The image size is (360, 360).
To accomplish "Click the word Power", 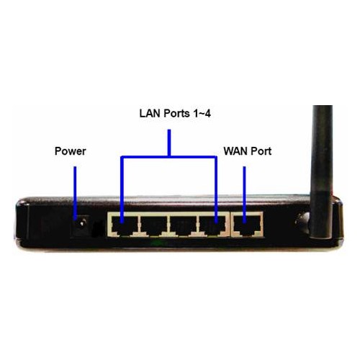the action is coord(71,151).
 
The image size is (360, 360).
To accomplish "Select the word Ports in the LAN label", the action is coord(176,113).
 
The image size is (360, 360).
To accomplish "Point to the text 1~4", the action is coord(202,113).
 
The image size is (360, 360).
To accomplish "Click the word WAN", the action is coord(235,151).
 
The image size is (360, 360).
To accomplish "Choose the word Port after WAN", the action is coord(261,151).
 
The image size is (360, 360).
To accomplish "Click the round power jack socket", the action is coord(82,224).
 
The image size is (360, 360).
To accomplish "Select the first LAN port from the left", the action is coord(124,225).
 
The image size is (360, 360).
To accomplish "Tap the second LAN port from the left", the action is coord(153,225).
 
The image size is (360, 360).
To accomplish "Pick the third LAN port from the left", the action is coord(183,225).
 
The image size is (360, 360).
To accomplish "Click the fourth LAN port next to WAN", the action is coord(212,225).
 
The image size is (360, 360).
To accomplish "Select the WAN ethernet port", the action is coord(247,225).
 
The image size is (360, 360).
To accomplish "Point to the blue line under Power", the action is coord(75,193).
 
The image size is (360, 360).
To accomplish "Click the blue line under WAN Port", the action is coord(245,194).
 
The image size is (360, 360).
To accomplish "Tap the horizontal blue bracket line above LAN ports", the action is coord(169,157).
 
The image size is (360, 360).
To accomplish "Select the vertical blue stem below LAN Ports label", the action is coord(169,143).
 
